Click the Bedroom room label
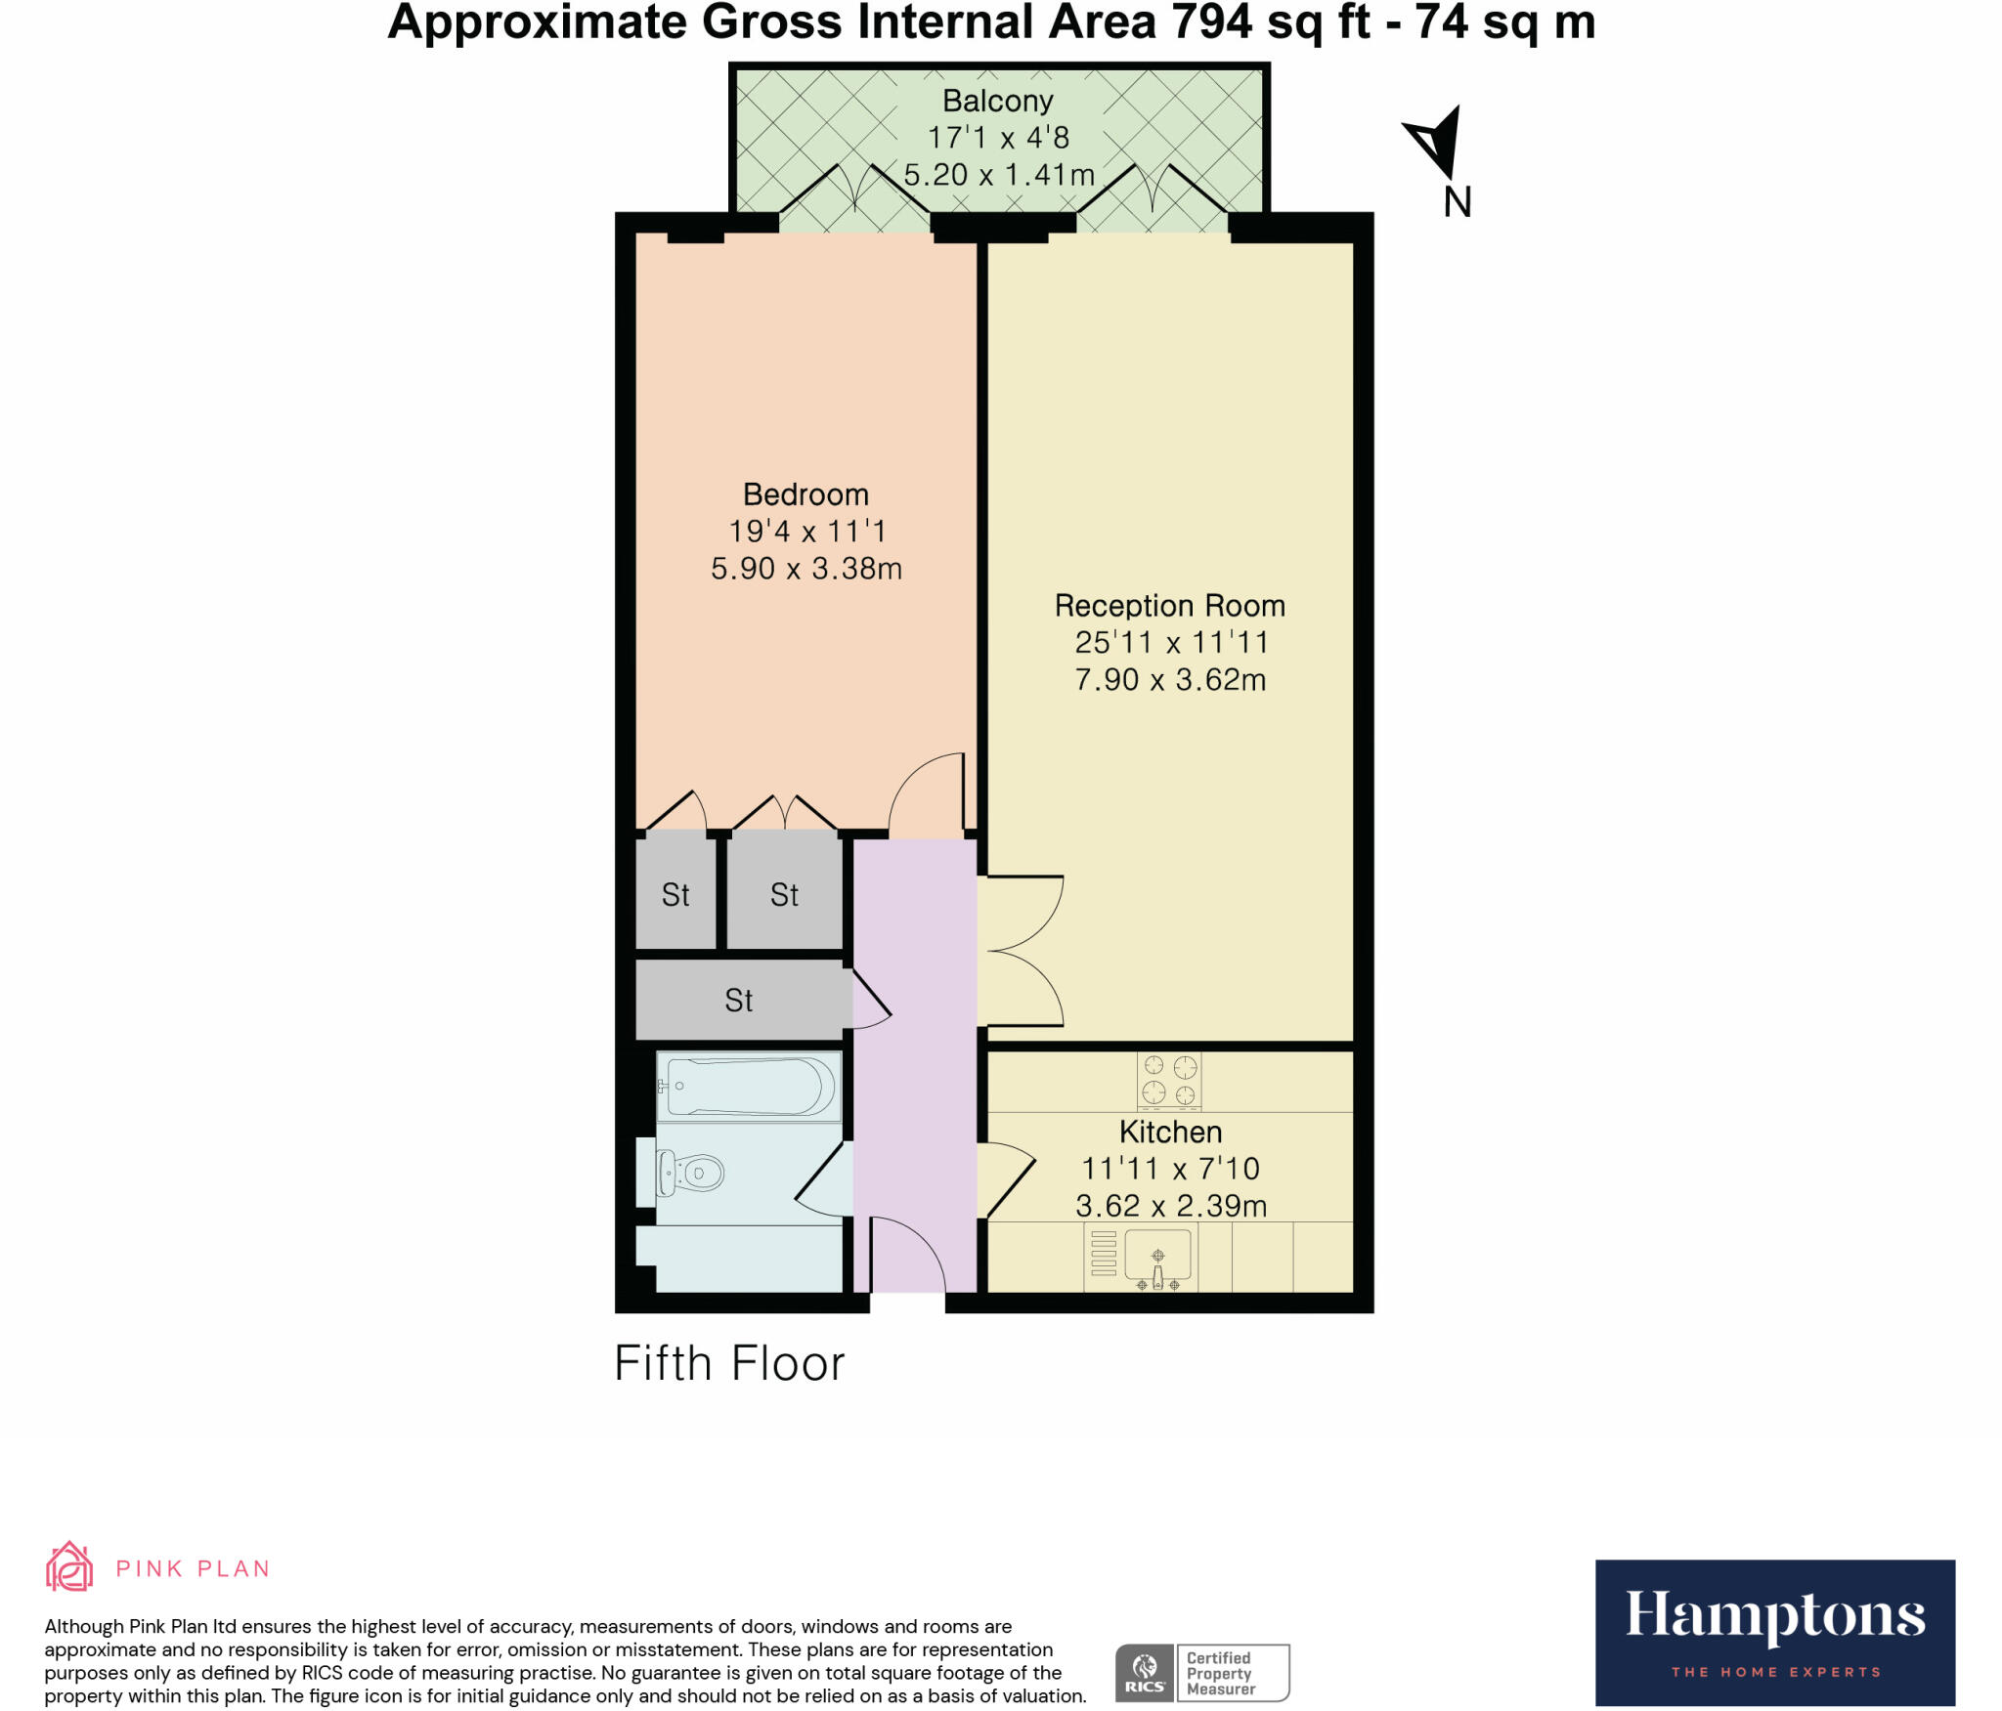[x=805, y=494]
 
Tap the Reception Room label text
[x=1169, y=606]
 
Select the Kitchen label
[x=1170, y=1132]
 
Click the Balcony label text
[x=997, y=101]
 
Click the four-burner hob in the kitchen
[x=1169, y=1080]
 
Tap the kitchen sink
[x=1157, y=1256]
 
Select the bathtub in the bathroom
[x=749, y=1086]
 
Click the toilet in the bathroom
[x=691, y=1172]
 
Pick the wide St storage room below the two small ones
[x=739, y=1000]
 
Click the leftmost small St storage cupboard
[x=675, y=894]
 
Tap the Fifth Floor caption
[x=729, y=1363]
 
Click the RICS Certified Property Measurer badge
[x=1202, y=1672]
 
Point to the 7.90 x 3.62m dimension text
[x=1170, y=680]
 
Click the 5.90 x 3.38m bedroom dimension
[x=805, y=569]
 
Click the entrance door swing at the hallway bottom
[x=906, y=1256]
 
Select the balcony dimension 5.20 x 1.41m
[x=998, y=175]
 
